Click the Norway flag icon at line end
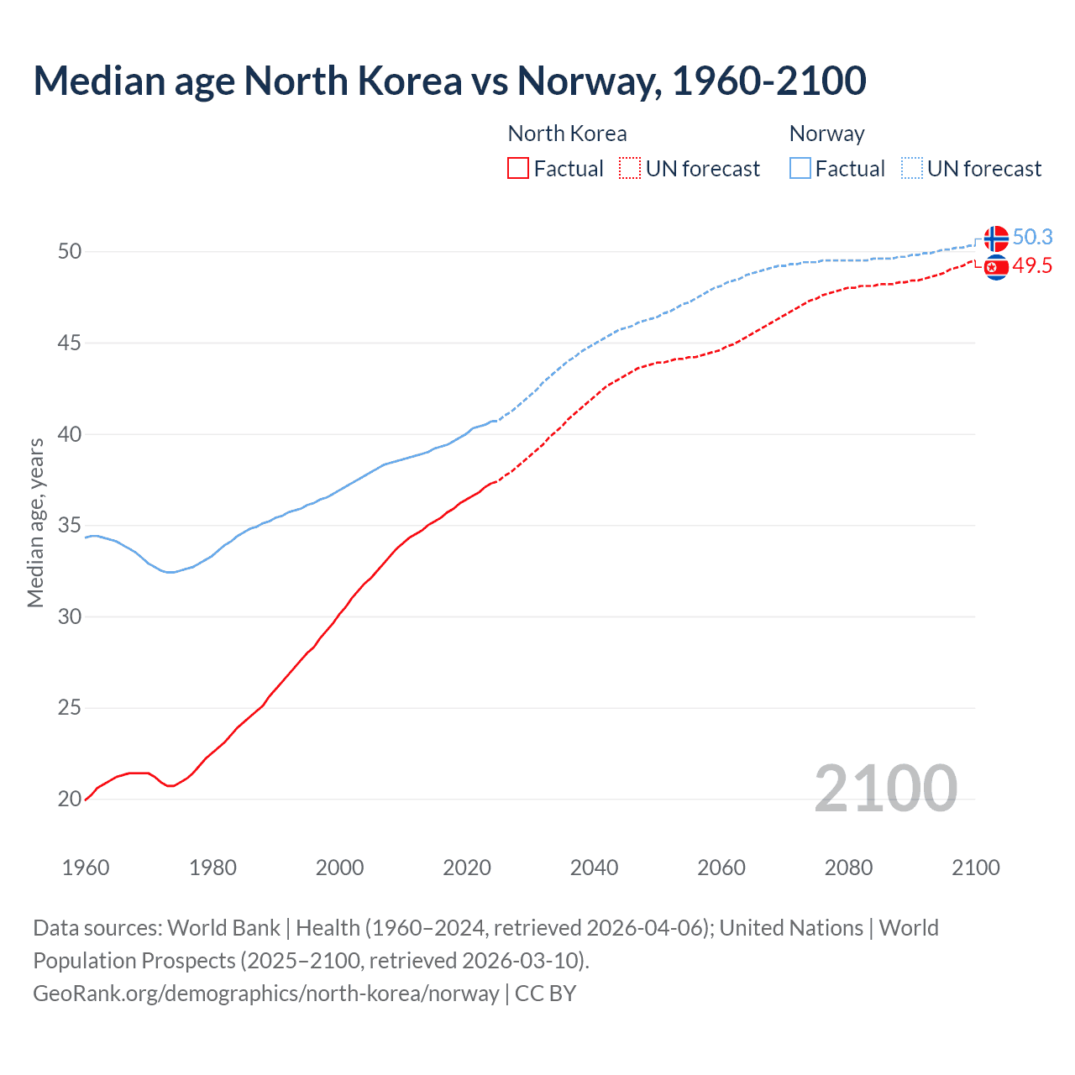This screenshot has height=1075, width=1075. pos(996,239)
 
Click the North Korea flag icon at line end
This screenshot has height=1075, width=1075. pos(996,267)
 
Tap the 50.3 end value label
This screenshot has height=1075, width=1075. pos(1032,238)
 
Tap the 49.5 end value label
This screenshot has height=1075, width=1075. pos(1032,266)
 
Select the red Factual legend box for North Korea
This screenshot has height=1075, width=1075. pos(518,169)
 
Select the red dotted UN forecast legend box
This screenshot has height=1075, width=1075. pos(630,169)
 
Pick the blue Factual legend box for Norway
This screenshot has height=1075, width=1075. pos(800,169)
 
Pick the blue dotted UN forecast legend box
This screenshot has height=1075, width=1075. pos(912,169)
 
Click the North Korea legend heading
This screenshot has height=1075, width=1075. pos(567,134)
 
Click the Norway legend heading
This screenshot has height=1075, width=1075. pos(826,134)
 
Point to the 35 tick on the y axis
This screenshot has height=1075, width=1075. pos(70,526)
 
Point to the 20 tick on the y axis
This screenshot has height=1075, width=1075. pos(70,800)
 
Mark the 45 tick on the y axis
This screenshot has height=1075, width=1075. pos(70,343)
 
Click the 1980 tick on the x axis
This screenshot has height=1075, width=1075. pos(212,868)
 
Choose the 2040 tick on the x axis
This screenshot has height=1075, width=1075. pos(594,868)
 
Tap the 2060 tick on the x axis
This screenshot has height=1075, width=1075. pos(721,868)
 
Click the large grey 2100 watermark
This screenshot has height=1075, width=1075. pos(885,789)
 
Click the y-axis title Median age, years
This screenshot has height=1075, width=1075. pos(35,522)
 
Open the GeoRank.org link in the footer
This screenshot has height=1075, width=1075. pos(266,994)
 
